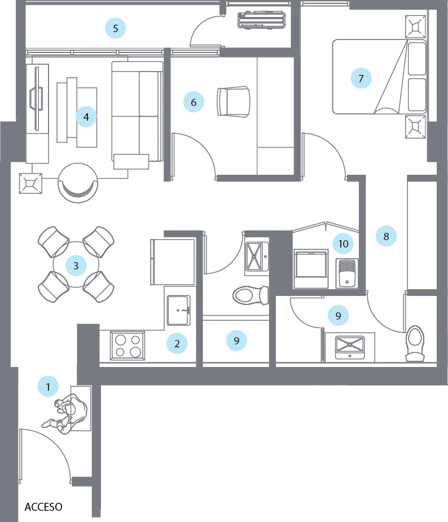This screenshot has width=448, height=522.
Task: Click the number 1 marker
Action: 49,387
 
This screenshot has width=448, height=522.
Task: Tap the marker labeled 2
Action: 177,343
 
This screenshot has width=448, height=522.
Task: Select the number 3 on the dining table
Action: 76,266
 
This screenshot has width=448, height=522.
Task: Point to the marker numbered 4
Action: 86,117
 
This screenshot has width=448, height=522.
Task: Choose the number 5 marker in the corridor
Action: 116,28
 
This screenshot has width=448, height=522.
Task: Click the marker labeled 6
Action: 194,103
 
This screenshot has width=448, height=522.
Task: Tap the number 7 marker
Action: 361,78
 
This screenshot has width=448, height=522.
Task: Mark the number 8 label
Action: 386,236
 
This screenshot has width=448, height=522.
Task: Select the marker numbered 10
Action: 344,244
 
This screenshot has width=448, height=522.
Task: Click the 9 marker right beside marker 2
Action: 236,340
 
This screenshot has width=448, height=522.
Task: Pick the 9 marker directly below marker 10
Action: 339,316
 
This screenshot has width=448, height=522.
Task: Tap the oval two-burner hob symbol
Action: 248,294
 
